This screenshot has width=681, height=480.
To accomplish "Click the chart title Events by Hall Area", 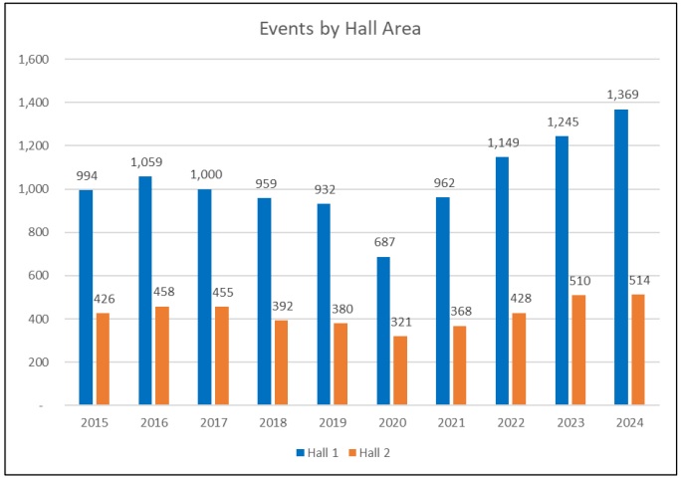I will click(x=340, y=29).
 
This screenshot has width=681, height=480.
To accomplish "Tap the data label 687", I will click(x=383, y=242).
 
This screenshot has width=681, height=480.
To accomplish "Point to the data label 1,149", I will click(x=502, y=142).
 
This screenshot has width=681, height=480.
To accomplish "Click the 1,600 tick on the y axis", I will click(x=35, y=60).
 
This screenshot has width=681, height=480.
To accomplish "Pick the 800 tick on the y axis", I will click(x=40, y=232).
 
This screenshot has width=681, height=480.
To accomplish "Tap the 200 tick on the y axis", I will click(x=40, y=362).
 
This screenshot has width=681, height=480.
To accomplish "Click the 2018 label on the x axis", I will click(x=273, y=423).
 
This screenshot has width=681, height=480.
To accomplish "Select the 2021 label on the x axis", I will click(x=451, y=423).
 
